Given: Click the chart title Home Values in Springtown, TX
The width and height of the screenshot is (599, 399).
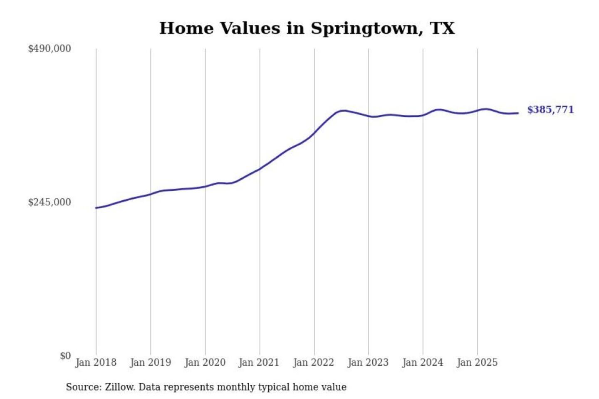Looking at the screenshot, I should tap(307, 28).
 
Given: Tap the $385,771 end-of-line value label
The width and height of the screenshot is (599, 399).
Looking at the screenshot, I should tap(550, 110).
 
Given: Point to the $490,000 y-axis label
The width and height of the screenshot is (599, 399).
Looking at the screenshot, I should tap(50, 49).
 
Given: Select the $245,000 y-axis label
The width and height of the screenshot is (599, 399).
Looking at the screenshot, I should tap(50, 202).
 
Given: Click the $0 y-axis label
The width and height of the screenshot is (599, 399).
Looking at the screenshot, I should tap(65, 356).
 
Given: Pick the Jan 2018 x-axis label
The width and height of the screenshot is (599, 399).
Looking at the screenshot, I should tap(96, 362).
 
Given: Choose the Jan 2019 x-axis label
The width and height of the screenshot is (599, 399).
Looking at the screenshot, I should tap(150, 362).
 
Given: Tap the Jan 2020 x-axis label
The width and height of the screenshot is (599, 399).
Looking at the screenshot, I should tap(205, 362).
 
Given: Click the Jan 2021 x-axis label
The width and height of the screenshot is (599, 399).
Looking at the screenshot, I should tap(259, 362).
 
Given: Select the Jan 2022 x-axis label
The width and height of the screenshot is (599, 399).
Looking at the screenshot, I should tap(314, 362).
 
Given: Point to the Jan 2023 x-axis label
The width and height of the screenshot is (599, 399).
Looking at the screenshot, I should tap(368, 362).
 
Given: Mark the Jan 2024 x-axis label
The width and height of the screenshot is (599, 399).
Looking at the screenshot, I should tap(423, 362).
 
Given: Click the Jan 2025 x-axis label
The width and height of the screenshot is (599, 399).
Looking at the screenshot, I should tap(477, 362).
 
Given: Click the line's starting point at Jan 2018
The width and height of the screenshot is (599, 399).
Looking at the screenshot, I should tap(96, 208).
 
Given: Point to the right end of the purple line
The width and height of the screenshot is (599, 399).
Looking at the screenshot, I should tap(518, 113).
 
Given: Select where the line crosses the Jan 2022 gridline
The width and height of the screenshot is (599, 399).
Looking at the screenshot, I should tap(314, 133).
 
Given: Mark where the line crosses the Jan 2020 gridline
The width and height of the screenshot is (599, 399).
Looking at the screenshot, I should tap(205, 186).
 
